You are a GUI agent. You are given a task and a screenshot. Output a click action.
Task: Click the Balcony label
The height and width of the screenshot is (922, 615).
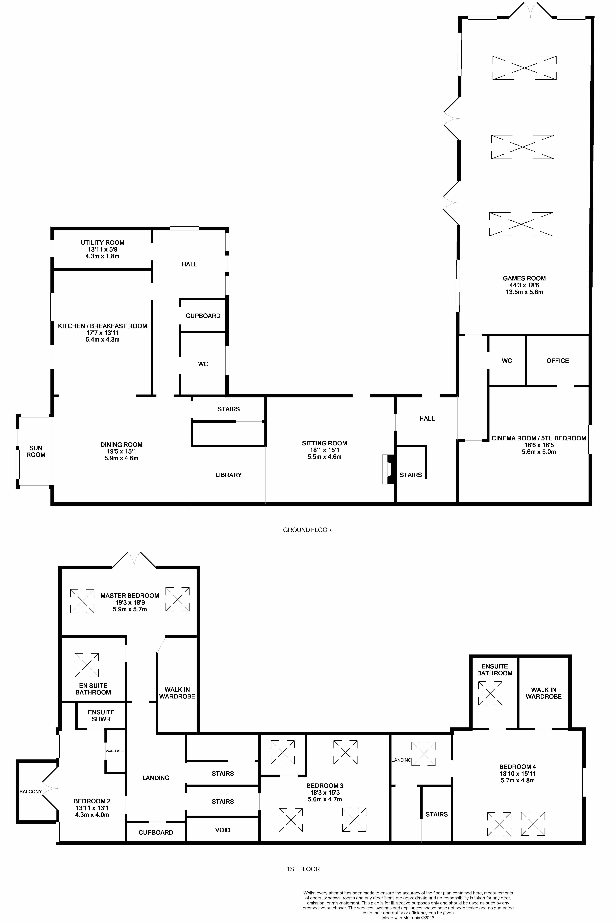click(x=31, y=791)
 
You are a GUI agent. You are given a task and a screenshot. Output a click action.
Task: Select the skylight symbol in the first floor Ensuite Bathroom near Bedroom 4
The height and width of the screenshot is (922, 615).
click(x=490, y=694)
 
